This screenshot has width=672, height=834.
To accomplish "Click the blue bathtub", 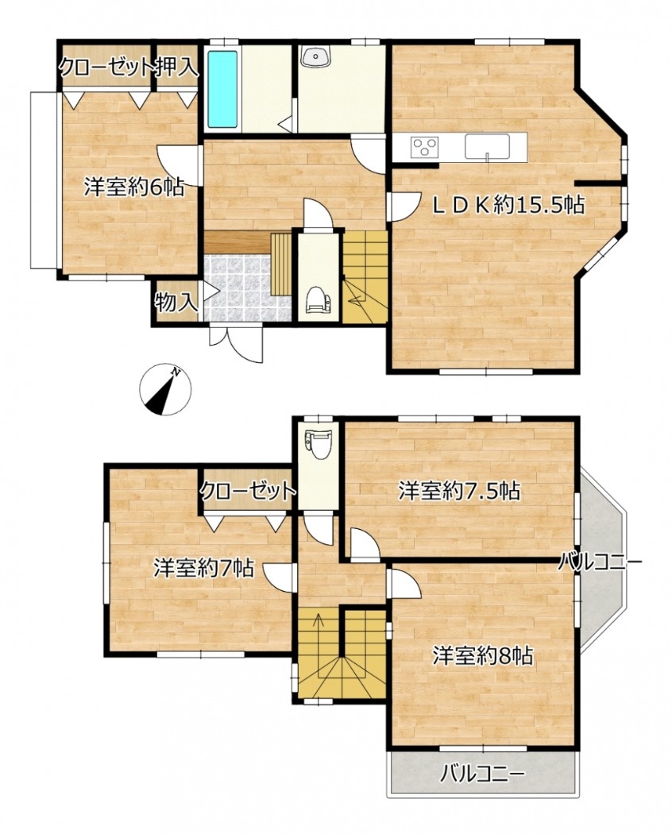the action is pyautogui.click(x=222, y=89).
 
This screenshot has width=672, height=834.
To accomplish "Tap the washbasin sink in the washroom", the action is pyautogui.click(x=315, y=56).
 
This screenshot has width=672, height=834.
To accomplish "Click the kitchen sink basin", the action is pyautogui.click(x=487, y=146).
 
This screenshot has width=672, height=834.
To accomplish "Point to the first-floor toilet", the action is pyautogui.click(x=318, y=300).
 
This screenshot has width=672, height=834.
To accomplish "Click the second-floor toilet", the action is pyautogui.click(x=319, y=444).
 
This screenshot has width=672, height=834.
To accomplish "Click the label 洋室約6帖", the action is pyautogui.click(x=134, y=187).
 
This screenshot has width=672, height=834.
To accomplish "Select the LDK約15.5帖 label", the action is pyautogui.click(x=508, y=204).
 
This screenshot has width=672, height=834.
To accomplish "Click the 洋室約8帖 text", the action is pyautogui.click(x=483, y=656).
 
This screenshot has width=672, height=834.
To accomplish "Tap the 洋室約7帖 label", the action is pyautogui.click(x=203, y=568).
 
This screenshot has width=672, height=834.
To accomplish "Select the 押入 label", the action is pyautogui.click(x=177, y=68).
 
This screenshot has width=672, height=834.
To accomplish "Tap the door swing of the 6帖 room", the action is pyautogui.click(x=178, y=165).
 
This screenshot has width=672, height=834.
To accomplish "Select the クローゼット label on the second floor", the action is pyautogui.click(x=248, y=490).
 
